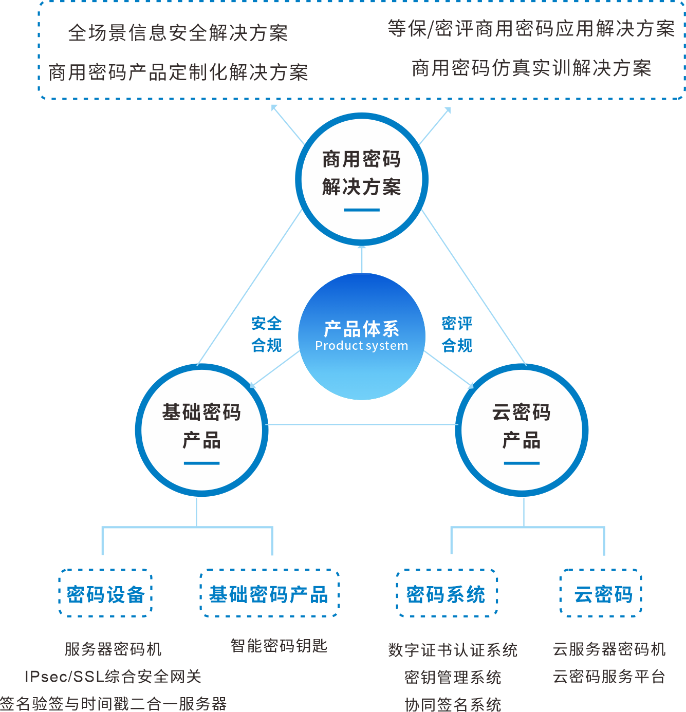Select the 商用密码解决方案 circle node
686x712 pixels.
coord(362,178)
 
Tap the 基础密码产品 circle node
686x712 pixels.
coord(201,430)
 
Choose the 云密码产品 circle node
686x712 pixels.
coord(522,430)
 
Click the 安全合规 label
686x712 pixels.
coord(266,334)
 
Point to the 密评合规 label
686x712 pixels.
coord(457,334)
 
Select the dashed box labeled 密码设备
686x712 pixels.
coord(106,593)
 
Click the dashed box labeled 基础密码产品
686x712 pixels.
coord(269,594)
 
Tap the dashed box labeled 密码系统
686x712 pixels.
coord(446,593)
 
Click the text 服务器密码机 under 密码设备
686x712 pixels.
coord(113,649)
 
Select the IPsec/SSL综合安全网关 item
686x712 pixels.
coord(113,676)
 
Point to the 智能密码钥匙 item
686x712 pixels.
coord(279,646)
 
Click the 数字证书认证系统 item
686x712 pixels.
coord(453,650)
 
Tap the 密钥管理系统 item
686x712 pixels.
coord(453,677)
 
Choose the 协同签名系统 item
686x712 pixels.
coord(453,704)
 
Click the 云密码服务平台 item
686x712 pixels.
coord(609,676)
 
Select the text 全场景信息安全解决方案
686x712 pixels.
coord(178,33)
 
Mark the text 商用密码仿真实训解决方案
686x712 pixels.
coord(531,68)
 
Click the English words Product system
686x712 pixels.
coord(361,346)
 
